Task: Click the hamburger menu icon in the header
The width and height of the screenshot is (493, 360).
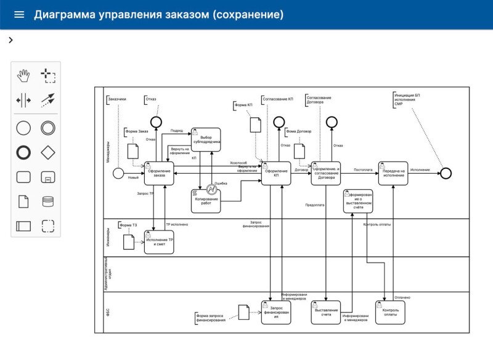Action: tap(19, 14)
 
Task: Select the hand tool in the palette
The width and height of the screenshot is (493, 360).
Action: tap(23, 76)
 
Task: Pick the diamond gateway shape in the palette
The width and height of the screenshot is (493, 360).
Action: tap(48, 152)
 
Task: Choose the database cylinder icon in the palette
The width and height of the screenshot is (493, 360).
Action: tap(48, 202)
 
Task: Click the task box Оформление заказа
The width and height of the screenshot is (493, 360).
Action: tap(159, 173)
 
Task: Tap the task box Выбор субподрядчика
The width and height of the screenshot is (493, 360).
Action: tap(205, 140)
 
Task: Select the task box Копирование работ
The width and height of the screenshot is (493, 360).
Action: tap(205, 201)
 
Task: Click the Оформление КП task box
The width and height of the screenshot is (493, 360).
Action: tap(276, 173)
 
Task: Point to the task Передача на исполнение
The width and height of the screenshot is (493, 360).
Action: tap(393, 173)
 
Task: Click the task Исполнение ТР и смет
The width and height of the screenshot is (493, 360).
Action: tap(159, 242)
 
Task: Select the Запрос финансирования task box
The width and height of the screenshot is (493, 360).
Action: tap(276, 313)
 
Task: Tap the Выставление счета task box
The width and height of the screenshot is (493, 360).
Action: tap(326, 313)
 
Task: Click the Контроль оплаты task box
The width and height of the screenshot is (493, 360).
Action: tap(390, 313)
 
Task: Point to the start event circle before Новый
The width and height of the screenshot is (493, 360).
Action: tap(118, 173)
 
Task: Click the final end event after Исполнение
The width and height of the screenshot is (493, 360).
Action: tap(446, 173)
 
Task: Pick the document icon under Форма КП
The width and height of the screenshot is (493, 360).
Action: tap(255, 124)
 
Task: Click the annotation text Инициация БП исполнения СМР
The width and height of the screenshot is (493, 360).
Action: tap(407, 100)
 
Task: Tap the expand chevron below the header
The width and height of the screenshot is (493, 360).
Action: tap(11, 40)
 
